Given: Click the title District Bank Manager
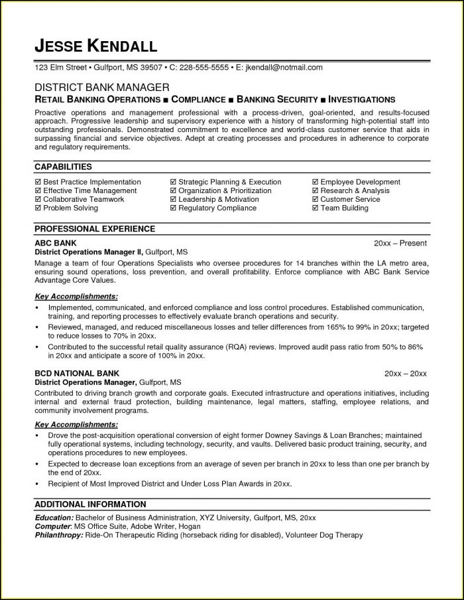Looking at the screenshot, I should pyautogui.click(x=101, y=87).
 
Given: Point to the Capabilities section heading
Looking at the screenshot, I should pyautogui.click(x=63, y=167).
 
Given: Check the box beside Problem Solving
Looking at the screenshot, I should pyautogui.click(x=37, y=208).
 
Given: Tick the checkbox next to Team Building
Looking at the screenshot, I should pyautogui.click(x=315, y=208).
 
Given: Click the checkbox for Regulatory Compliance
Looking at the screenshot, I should pyautogui.click(x=173, y=208).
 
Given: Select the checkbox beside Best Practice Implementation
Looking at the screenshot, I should pyautogui.click(x=37, y=182).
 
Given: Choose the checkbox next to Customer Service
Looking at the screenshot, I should pyautogui.click(x=315, y=199).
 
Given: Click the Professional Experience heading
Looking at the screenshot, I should pyautogui.click(x=95, y=229).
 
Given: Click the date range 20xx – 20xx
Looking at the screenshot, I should pyautogui.click(x=407, y=374).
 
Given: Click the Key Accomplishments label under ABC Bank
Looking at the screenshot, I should pyautogui.click(x=76, y=295).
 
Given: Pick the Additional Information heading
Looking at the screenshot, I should pyautogui.click(x=90, y=504).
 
